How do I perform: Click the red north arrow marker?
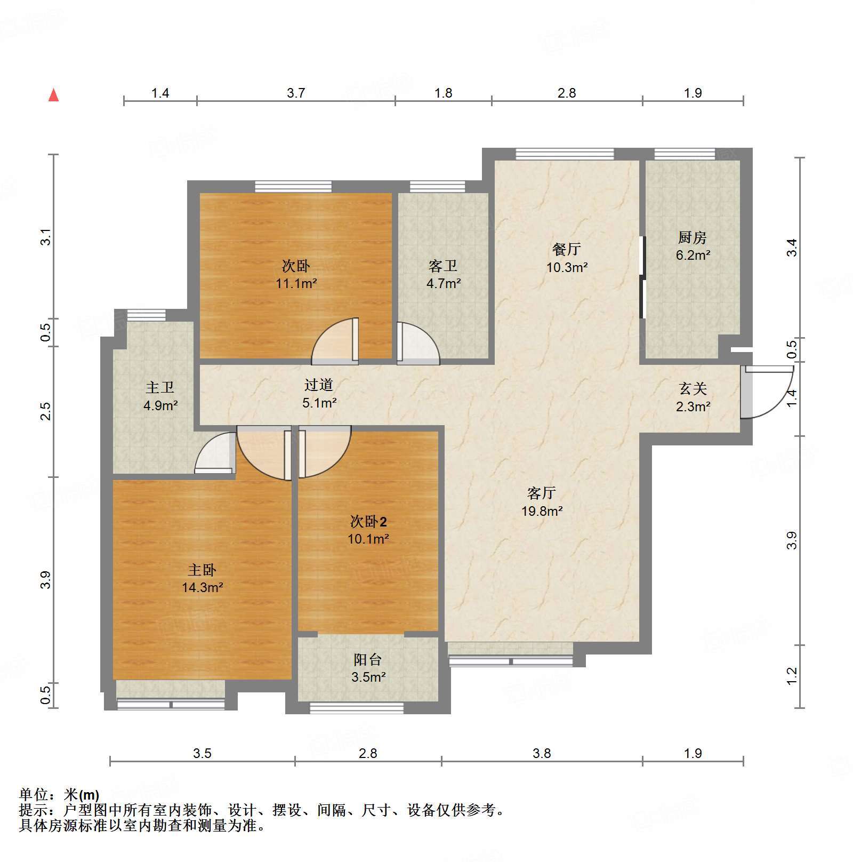click(53, 95)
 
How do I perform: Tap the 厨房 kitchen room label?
click(693, 237)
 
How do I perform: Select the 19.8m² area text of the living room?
click(542, 511)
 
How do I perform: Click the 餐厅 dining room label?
click(566, 249)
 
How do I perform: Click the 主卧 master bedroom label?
click(202, 570)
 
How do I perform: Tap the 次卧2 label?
click(368, 521)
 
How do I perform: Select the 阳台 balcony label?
click(368, 660)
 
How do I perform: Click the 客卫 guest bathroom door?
click(418, 344)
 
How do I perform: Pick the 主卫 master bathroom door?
click(215, 455)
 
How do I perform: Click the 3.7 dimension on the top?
click(296, 93)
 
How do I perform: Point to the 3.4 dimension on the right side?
click(792, 247)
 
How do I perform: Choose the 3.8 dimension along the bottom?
click(542, 753)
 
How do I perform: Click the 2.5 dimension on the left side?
click(46, 411)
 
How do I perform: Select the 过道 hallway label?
click(319, 385)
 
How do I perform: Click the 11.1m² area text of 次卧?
click(296, 283)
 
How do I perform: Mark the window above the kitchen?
click(684, 154)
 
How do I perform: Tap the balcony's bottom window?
click(357, 708)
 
